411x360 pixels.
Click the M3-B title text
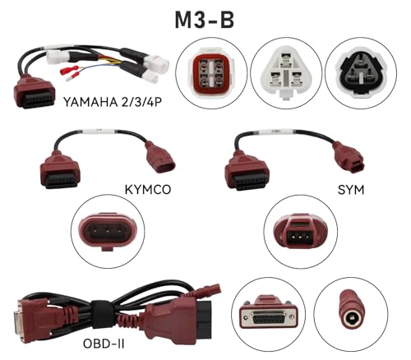coord(205,20)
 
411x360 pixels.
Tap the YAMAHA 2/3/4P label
coord(113,102)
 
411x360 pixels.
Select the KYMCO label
coord(148,190)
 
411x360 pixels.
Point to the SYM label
coord(351,190)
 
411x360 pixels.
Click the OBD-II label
coord(104,344)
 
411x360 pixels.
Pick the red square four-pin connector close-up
coord(211,73)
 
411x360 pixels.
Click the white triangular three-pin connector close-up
coord(286,72)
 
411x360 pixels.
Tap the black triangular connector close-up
coord(361,72)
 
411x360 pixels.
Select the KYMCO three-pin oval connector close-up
coord(108,231)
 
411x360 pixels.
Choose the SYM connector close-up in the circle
coord(300,232)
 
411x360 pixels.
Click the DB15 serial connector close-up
coord(269,312)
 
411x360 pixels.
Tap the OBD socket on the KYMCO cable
coord(60,173)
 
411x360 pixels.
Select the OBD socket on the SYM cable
coord(247,173)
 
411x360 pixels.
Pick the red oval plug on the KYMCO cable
coord(159,157)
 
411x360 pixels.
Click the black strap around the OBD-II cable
coord(102,315)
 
